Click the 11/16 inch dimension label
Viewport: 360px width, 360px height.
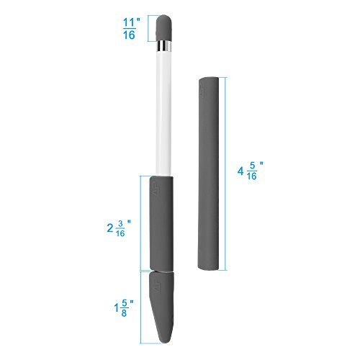click(x=131, y=29)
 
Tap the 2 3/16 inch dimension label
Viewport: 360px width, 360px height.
click(x=119, y=228)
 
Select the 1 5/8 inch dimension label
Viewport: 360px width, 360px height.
click(x=124, y=308)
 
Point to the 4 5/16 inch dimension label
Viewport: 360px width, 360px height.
click(x=251, y=171)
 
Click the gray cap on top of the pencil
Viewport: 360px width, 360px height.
click(x=164, y=28)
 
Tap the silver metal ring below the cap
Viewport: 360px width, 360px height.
click(x=164, y=46)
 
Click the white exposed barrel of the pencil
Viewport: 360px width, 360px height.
click(x=163, y=113)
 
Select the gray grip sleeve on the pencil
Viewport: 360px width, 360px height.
click(x=161, y=224)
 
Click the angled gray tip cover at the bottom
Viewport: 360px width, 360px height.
click(x=161, y=307)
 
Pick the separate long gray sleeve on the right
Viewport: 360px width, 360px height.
click(x=208, y=174)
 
